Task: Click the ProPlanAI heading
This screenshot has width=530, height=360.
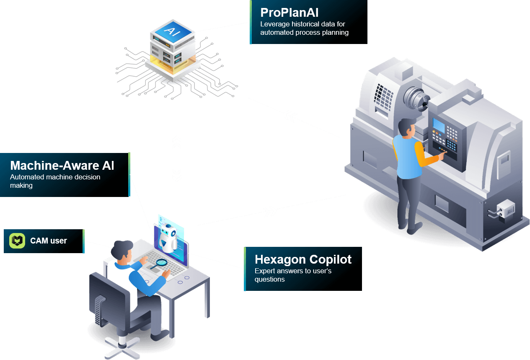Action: point(290,13)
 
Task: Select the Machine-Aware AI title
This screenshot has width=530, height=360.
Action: point(62,166)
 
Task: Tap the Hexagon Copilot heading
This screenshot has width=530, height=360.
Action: point(303,259)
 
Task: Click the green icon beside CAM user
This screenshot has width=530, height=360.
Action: point(17,241)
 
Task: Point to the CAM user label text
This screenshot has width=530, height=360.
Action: point(49,241)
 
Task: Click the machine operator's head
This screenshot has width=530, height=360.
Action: point(406,127)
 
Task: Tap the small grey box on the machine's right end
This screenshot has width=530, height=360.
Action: point(505,208)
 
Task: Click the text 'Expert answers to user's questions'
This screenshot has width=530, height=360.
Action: point(293,275)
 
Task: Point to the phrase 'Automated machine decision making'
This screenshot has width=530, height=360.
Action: point(55,181)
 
